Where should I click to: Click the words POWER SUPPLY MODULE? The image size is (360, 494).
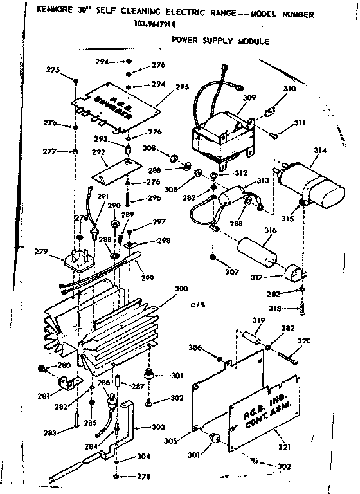click(219, 41)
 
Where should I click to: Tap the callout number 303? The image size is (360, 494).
click(157, 426)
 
